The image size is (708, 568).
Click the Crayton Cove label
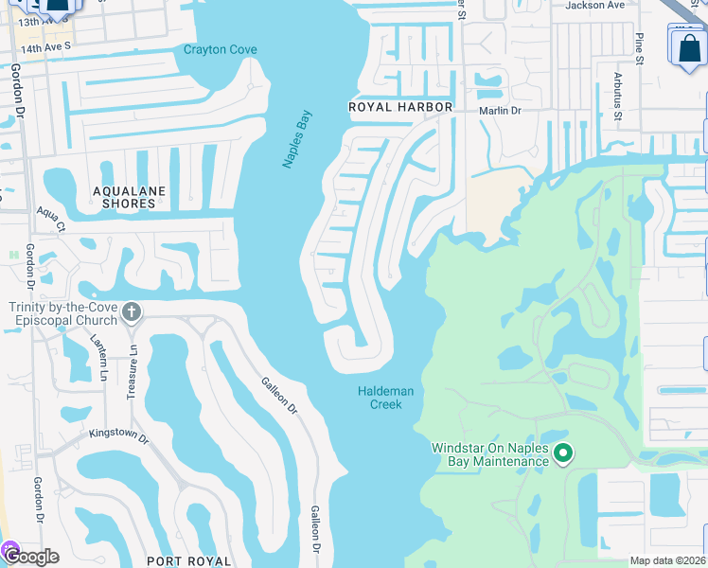coord(221,50)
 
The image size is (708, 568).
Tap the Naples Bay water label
coord(297,139)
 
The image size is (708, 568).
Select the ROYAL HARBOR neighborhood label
coord(400,107)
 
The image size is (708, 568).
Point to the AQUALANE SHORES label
coord(129,197)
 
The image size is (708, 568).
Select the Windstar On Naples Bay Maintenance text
coord(489,454)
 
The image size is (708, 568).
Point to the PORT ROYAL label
coord(189,560)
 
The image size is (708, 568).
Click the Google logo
coord(30,557)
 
